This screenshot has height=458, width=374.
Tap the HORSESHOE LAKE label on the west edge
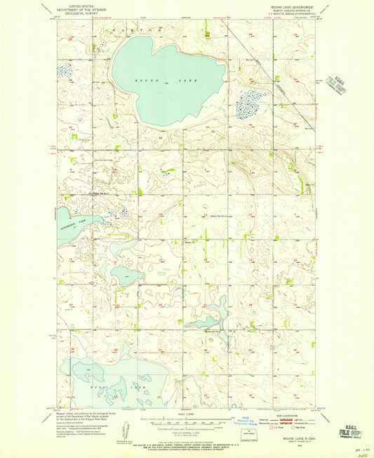pos(73,222)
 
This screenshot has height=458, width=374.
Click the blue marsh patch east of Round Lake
pos(250,105)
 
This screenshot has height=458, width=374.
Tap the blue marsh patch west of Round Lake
pos(65,70)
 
